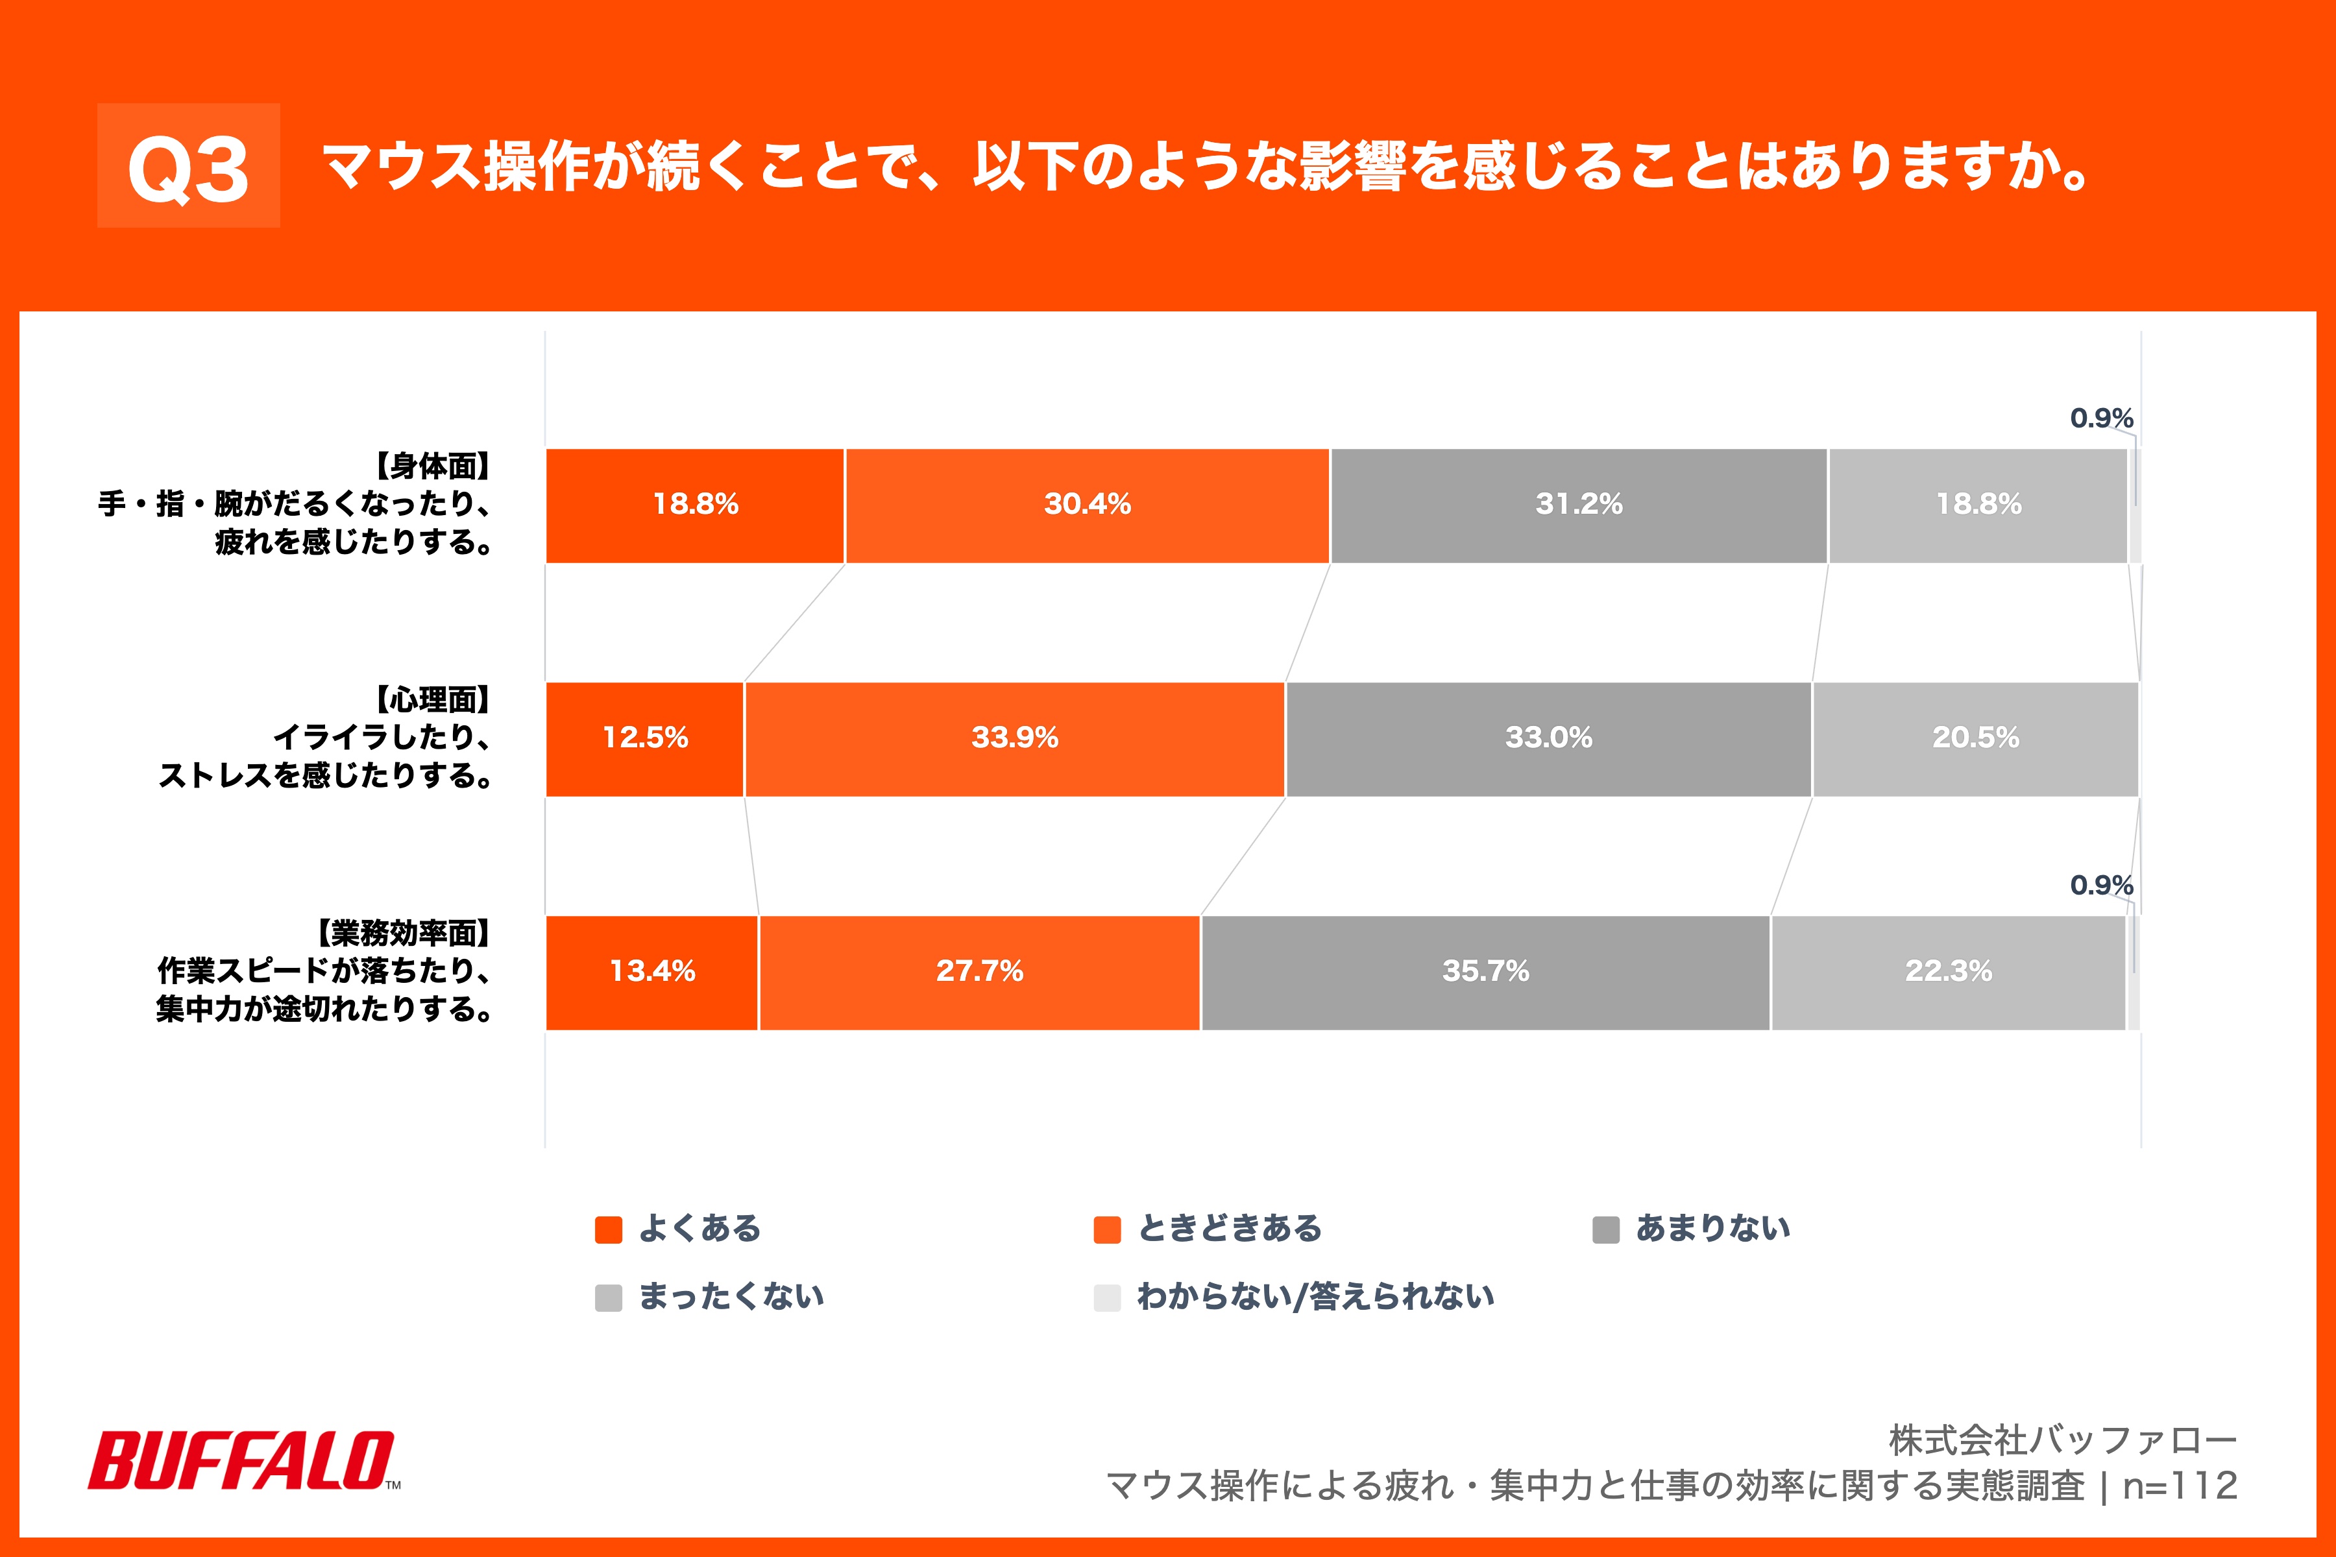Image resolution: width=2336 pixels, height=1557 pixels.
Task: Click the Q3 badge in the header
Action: point(189,166)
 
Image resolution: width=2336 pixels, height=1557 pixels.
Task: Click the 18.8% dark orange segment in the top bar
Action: point(695,505)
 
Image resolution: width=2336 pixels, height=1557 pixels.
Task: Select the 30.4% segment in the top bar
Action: point(1088,505)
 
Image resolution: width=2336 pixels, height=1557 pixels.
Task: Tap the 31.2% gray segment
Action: point(1578,505)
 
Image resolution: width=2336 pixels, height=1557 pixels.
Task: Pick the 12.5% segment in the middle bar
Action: point(644,739)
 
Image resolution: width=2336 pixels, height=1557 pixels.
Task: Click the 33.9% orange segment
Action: point(1014,739)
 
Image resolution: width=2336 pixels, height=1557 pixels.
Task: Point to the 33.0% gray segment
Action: point(1548,739)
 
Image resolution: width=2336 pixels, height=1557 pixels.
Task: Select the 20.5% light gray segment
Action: point(1975,739)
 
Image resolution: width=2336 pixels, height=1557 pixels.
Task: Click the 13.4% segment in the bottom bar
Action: point(651,972)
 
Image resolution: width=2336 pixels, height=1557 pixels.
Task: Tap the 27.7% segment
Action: point(979,972)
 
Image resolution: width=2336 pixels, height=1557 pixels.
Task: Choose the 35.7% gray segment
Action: point(1485,972)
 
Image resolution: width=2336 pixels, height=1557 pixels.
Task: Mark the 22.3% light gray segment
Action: point(1948,972)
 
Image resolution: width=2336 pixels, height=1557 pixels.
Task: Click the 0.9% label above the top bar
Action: point(2100,418)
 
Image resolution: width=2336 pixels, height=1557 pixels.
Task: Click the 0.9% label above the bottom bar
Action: point(2100,885)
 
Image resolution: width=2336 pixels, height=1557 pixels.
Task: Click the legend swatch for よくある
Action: point(608,1229)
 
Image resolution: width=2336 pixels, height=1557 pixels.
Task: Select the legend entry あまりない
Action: point(1712,1228)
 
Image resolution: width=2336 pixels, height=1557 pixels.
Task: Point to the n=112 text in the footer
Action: point(2180,1486)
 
